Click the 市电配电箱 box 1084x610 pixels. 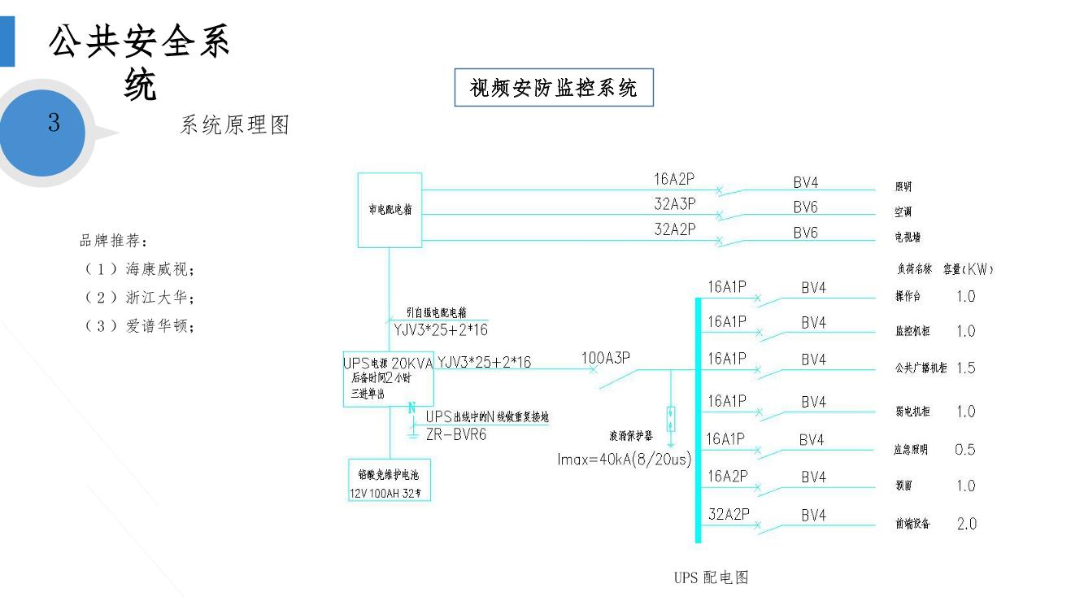[x=390, y=209]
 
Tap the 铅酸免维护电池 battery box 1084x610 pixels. [x=389, y=481]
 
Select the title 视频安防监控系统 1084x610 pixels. [x=554, y=88]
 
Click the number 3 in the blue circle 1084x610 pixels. [x=54, y=124]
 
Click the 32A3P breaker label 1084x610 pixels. [x=675, y=205]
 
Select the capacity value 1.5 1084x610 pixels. [x=965, y=368]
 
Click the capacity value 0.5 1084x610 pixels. [x=965, y=450]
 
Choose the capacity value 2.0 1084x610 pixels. [x=966, y=524]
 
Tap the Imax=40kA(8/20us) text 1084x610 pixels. [x=625, y=460]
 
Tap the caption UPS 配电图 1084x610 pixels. [x=711, y=577]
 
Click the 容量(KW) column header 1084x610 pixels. [x=968, y=269]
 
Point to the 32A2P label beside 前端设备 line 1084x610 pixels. [x=729, y=514]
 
